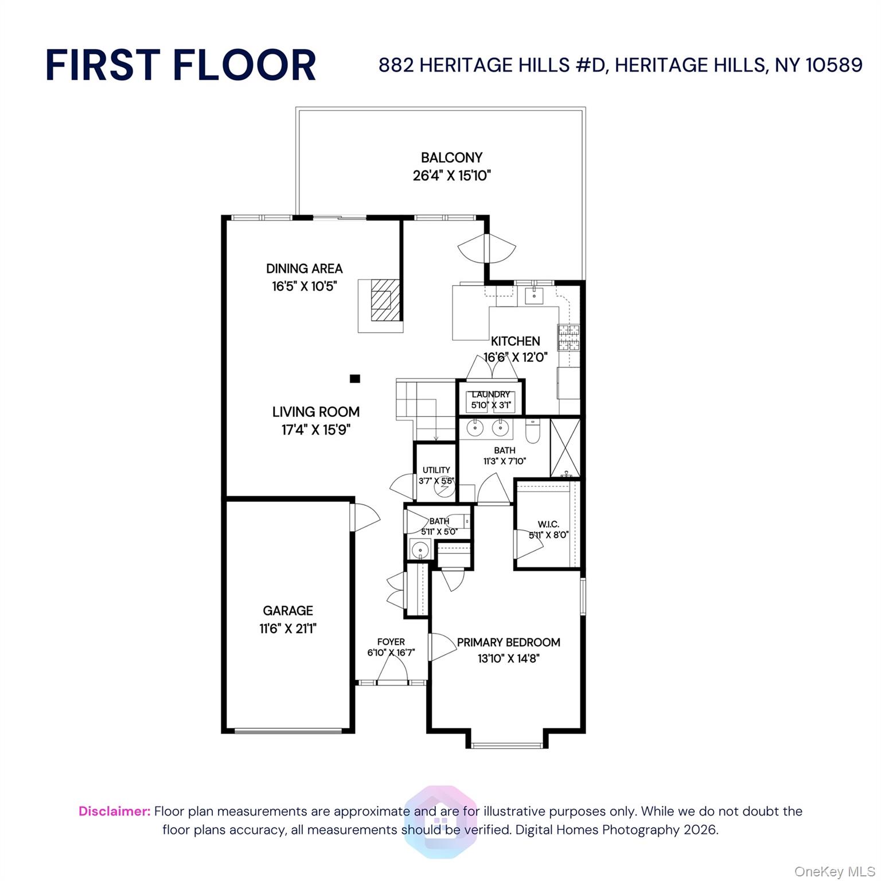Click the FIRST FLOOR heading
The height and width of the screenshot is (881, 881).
click(181, 65)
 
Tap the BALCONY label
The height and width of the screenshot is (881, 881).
click(451, 157)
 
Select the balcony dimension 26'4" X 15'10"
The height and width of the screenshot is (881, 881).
click(451, 176)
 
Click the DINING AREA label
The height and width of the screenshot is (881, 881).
click(304, 268)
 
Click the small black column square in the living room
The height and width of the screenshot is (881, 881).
click(355, 379)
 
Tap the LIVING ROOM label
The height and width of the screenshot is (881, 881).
click(316, 412)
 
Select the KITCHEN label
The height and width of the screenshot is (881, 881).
click(515, 341)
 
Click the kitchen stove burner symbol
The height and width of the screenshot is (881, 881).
click(568, 337)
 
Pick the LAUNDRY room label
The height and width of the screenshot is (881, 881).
click(490, 395)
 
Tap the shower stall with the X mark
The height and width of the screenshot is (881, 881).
click(565, 448)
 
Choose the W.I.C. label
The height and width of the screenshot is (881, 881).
click(548, 524)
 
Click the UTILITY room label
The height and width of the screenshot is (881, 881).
click(436, 470)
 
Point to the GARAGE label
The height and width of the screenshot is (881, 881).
click(288, 611)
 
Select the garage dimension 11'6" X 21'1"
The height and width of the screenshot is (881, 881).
click(288, 629)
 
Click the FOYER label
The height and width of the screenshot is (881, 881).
click(391, 642)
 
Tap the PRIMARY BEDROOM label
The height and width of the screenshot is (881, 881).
click(509, 642)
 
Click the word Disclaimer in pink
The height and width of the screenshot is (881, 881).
click(114, 812)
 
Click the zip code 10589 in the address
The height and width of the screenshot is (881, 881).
click(834, 65)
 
